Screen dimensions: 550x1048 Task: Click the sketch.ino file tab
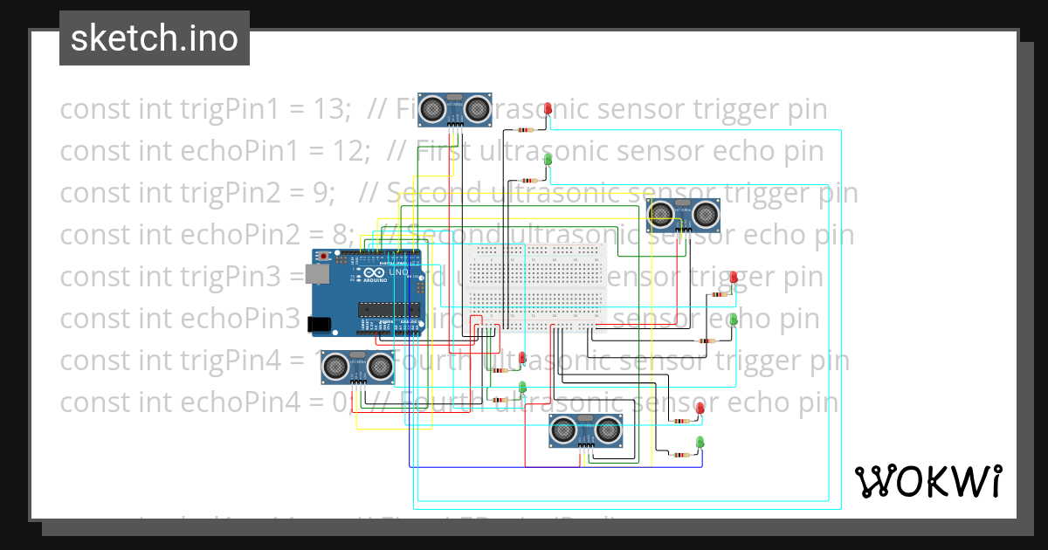[155, 38]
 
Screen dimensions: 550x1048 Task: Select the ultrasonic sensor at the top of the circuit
[454, 109]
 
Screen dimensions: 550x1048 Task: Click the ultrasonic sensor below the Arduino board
[357, 367]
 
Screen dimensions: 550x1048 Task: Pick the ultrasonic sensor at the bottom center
[585, 430]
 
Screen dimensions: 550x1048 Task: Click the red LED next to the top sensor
[548, 109]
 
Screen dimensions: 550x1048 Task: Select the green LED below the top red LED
[548, 160]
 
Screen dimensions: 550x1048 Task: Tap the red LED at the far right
[734, 278]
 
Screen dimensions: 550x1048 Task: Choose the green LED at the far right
[734, 320]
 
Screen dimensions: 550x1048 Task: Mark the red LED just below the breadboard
[522, 358]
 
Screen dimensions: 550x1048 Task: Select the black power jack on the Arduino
[320, 324]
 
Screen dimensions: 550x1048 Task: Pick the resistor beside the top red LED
[526, 129]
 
